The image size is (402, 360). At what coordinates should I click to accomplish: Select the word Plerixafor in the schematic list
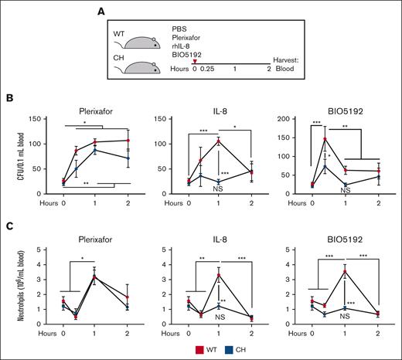click(x=189, y=36)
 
